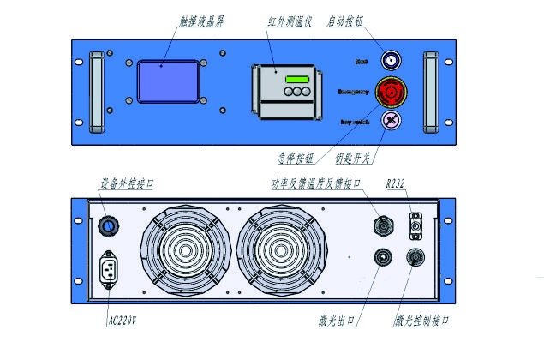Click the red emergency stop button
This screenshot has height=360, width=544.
(x=391, y=90)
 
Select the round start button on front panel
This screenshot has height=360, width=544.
(x=392, y=61)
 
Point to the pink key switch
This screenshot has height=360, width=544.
(x=391, y=121)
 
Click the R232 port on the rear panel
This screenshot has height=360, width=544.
(x=415, y=225)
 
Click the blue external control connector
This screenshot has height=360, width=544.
(x=109, y=225)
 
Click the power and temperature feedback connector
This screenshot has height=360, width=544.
(x=380, y=225)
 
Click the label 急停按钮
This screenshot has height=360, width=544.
(x=295, y=157)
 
